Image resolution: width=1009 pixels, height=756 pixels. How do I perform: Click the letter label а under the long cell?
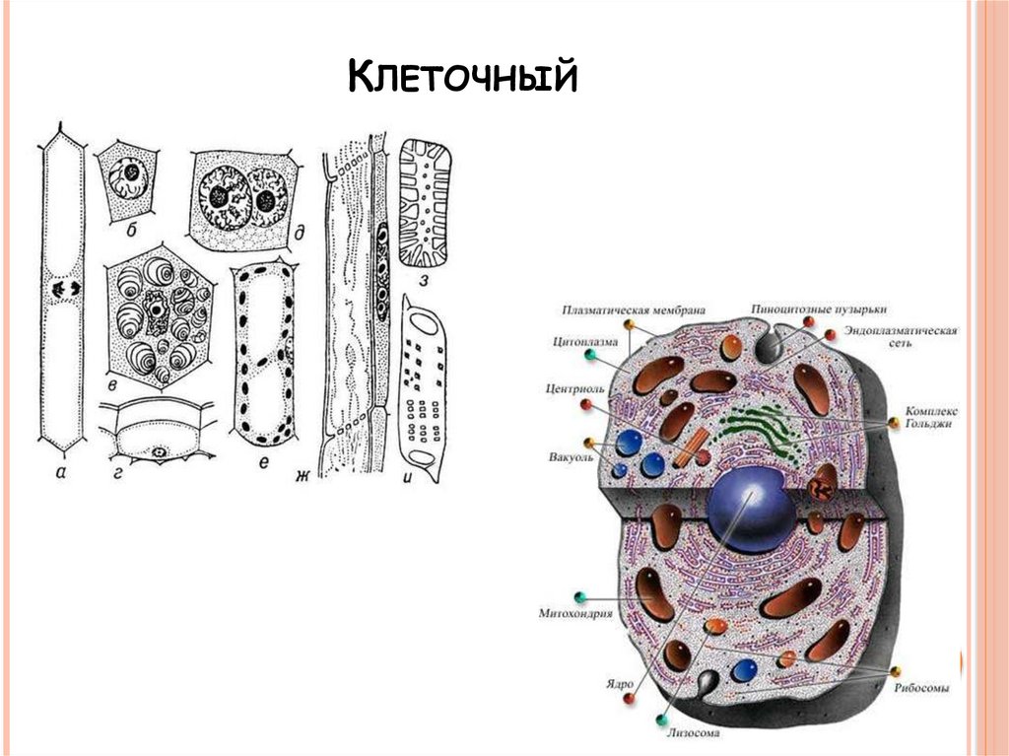(x=61, y=472)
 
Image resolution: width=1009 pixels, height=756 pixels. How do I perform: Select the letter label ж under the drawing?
(x=303, y=477)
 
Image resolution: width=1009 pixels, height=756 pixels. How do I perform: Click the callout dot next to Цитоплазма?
(x=588, y=356)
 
